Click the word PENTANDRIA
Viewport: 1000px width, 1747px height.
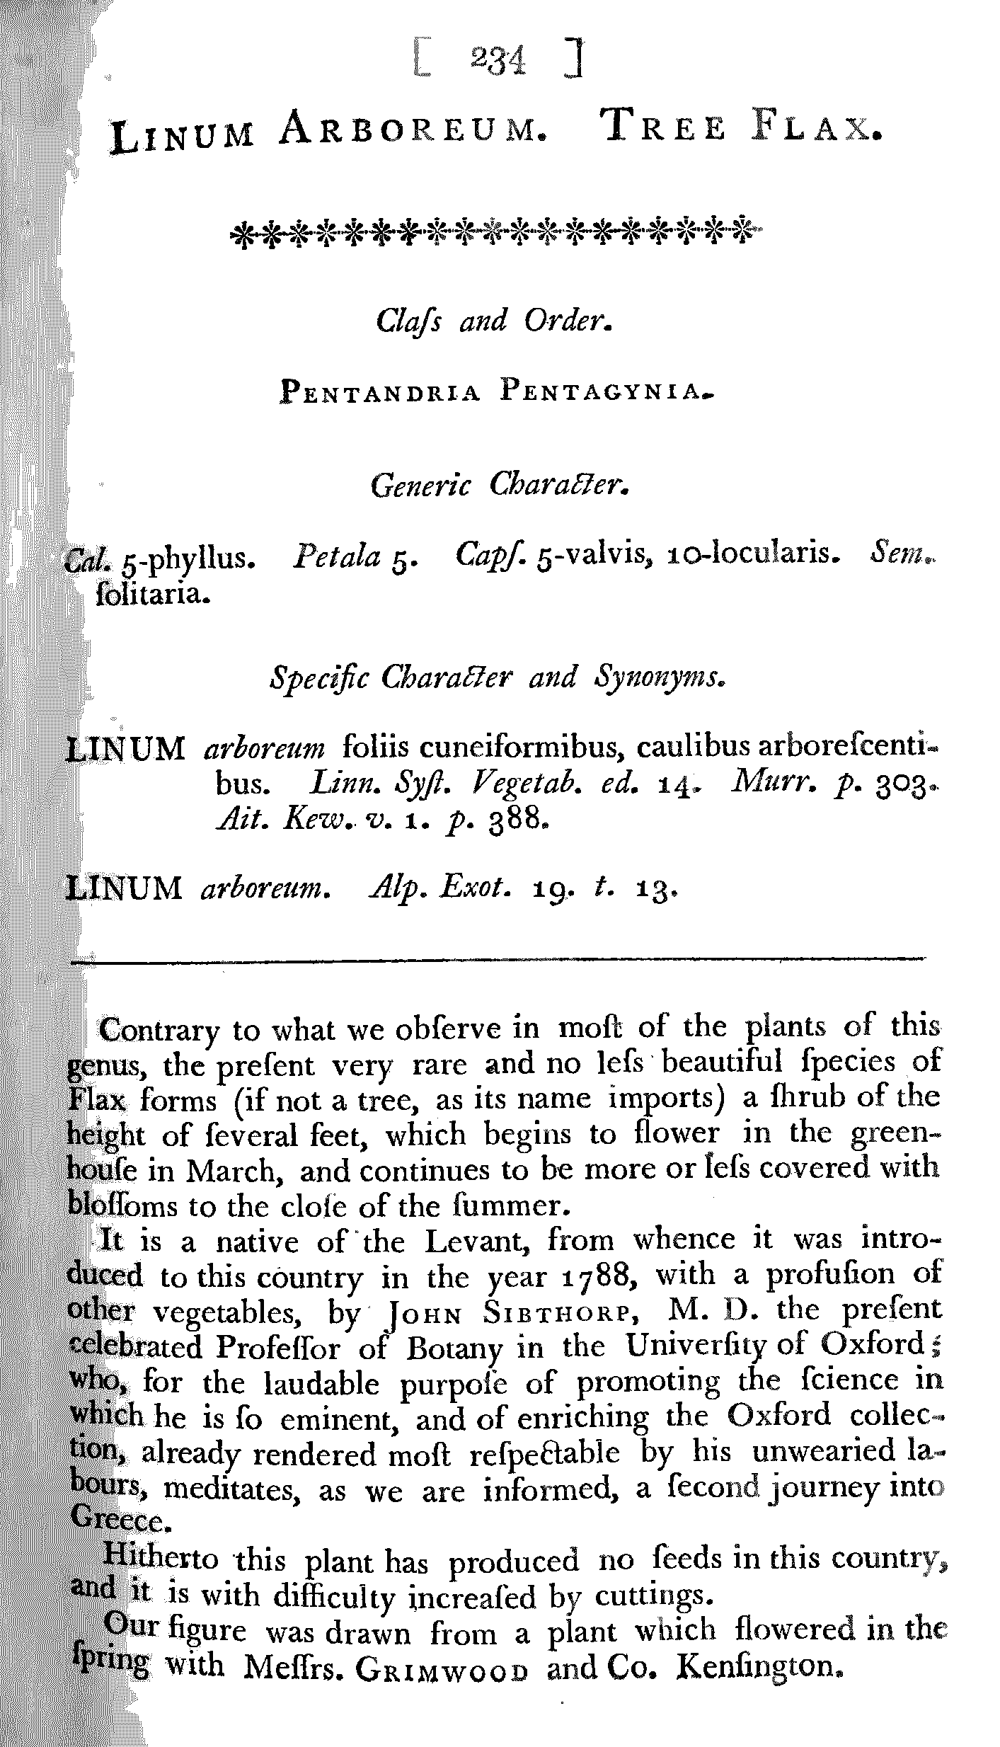tap(381, 391)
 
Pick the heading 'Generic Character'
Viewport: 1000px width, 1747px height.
tap(500, 485)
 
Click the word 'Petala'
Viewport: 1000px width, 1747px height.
tap(337, 556)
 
